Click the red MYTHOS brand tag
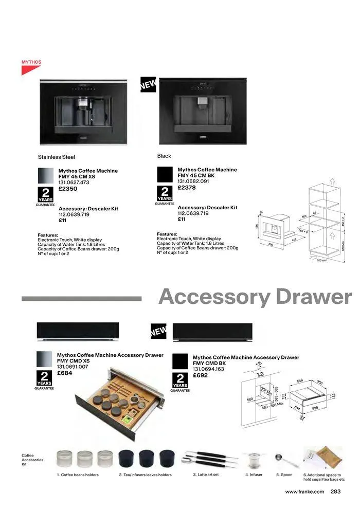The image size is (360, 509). click(31, 62)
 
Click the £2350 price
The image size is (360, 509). click(68, 189)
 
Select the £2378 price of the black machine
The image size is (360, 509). click(187, 188)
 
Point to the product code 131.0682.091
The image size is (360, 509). click(193, 181)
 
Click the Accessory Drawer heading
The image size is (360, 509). click(255, 297)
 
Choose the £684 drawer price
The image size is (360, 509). click(64, 374)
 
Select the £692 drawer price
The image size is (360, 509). click(201, 376)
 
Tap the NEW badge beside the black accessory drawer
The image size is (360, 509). click(158, 332)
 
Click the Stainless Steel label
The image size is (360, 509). click(57, 157)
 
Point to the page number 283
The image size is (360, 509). click(336, 492)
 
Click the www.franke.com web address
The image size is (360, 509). click(304, 492)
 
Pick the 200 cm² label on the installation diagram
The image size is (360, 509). click(322, 261)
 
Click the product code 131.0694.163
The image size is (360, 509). click(208, 369)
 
